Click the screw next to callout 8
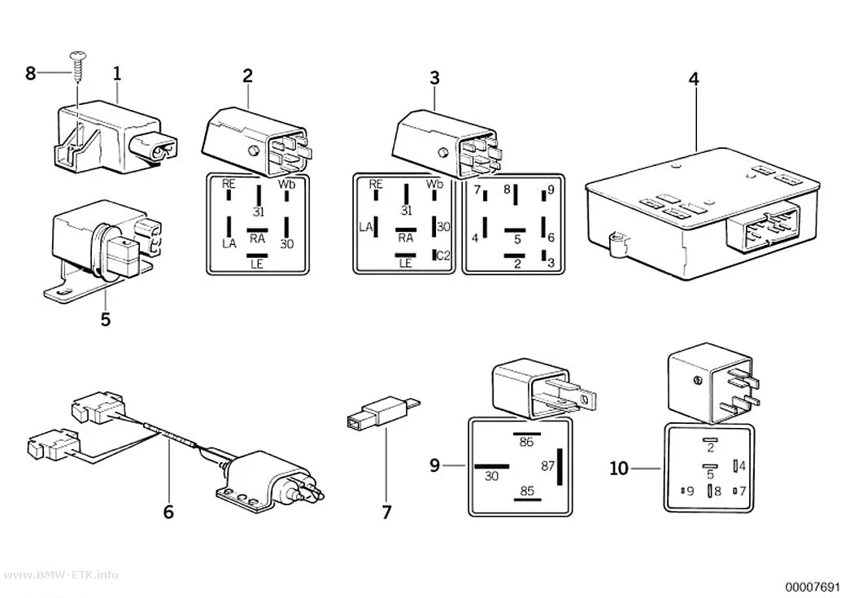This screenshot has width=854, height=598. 76,68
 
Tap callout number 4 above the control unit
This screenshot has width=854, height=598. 693,80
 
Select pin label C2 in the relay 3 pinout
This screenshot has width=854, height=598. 444,255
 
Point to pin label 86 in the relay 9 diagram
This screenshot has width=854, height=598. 526,442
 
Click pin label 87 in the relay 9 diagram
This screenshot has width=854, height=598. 547,466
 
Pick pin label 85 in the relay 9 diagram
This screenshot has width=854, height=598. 527,491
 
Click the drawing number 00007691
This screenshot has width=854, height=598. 813,587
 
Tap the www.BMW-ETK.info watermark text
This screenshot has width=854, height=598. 59,575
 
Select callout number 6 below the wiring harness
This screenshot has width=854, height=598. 169,512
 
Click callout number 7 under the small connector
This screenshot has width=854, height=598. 386,513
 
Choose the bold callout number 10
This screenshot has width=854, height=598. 619,469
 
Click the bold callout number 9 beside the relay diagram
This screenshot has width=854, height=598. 434,465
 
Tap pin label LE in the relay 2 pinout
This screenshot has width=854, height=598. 256,264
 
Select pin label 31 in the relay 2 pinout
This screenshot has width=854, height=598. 259,211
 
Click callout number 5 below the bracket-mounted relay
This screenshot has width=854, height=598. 106,319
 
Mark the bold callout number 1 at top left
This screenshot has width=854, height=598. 117,74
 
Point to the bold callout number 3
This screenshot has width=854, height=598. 434,78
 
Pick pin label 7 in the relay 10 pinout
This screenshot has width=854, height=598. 742,491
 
